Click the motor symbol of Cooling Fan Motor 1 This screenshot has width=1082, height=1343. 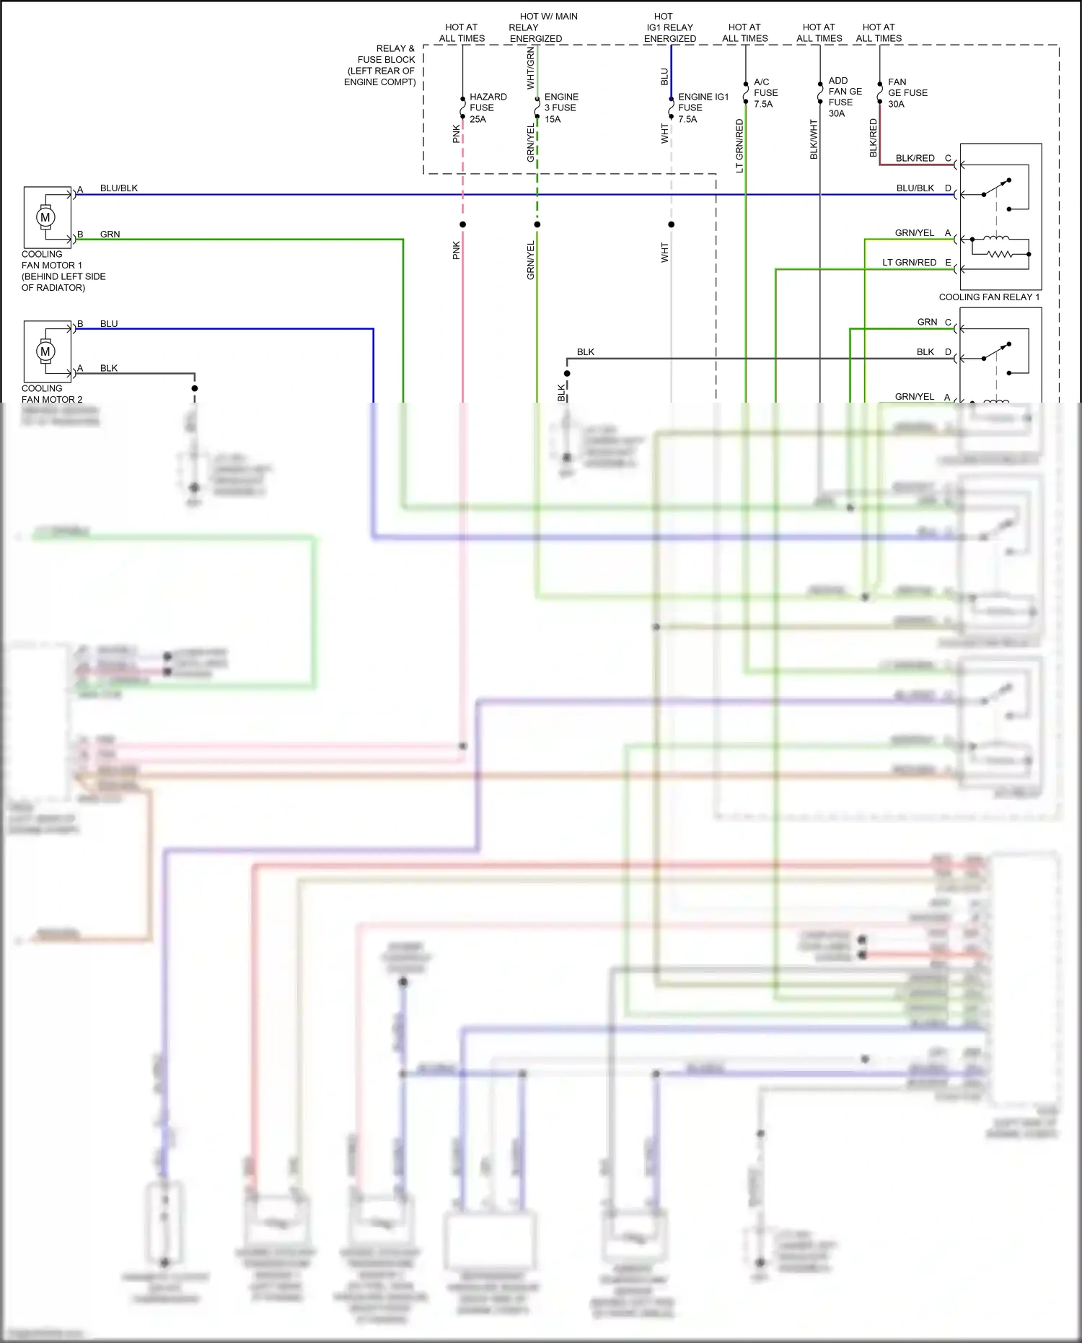point(45,217)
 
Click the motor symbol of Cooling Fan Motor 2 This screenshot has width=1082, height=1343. point(45,351)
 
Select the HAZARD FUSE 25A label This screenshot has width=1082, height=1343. point(488,108)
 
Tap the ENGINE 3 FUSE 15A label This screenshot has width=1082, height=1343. point(560,108)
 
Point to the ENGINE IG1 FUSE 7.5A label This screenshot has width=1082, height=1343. point(702,108)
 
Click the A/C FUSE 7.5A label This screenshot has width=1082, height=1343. point(765,93)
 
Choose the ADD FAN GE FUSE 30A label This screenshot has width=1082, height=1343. point(845,97)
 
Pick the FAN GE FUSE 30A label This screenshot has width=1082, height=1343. point(907,93)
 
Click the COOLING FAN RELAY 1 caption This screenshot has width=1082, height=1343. point(989,297)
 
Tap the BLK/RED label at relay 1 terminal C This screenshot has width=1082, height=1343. point(915,158)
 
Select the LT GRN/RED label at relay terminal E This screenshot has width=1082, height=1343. point(909,263)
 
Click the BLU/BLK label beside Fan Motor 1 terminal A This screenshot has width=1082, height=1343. point(118,188)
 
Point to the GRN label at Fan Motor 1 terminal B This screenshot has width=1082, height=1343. point(110,235)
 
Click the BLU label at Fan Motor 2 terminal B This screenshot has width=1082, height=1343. point(109,324)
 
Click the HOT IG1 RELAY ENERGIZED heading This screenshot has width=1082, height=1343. point(669,27)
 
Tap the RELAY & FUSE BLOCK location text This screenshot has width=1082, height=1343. point(381,65)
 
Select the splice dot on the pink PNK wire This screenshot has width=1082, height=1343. point(462,224)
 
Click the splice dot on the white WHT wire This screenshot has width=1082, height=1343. point(671,224)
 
